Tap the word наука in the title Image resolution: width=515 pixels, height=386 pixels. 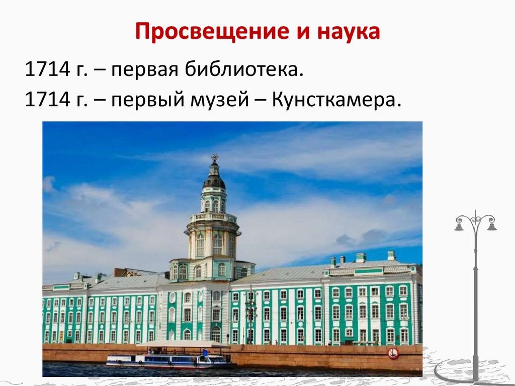pos(347,34)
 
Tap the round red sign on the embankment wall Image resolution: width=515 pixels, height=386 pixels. pos(393,353)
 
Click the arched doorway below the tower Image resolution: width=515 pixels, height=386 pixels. pos(216,333)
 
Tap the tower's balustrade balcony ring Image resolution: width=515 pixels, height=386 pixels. pos(213,218)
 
